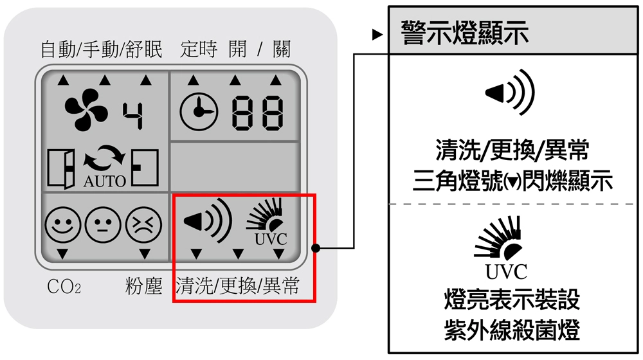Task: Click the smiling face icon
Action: pos(62,225)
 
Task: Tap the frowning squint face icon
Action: pos(143,225)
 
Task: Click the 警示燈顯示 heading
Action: pos(464,32)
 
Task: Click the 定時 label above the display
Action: pos(199,50)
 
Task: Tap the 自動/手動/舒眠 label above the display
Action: pos(102,50)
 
